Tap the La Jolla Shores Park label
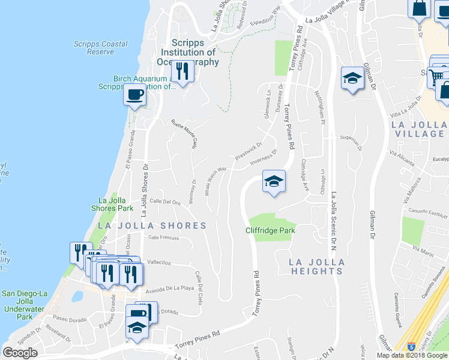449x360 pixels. tap(115, 205)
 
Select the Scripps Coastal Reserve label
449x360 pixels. tap(100, 48)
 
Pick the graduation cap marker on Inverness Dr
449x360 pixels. tap(273, 181)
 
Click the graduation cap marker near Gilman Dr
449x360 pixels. tap(352, 78)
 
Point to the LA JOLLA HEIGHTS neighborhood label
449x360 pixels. tap(316, 267)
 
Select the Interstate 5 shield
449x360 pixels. tap(411, 347)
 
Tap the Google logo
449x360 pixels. tap(20, 353)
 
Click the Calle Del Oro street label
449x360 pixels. tap(165, 202)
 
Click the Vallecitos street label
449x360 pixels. tap(160, 262)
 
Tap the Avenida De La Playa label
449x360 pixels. tap(170, 288)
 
